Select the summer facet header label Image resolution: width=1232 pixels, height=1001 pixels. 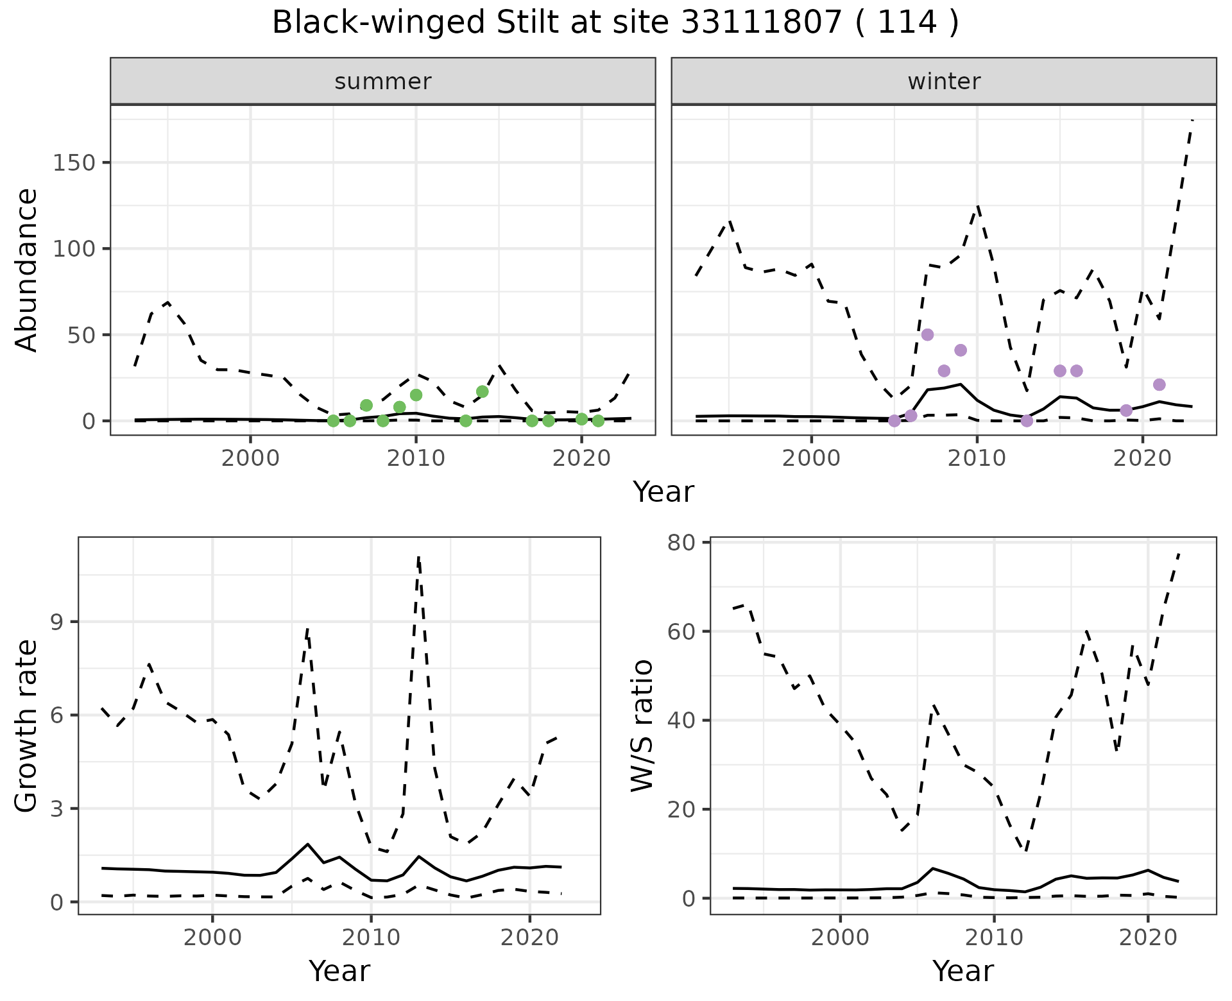point(383,81)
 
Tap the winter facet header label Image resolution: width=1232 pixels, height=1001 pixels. point(944,81)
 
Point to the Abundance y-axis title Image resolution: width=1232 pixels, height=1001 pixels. point(27,269)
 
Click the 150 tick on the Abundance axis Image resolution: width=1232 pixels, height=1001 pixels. point(72,163)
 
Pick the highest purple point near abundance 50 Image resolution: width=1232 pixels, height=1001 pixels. point(927,335)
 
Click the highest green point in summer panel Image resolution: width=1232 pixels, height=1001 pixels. point(483,391)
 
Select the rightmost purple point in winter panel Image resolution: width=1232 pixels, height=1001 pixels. point(1159,384)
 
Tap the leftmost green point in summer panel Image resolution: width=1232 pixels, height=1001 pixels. point(333,421)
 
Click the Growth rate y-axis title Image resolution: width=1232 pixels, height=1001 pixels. point(27,726)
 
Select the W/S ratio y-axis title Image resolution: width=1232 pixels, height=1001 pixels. point(642,725)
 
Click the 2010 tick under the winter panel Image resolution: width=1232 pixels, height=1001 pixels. point(977,458)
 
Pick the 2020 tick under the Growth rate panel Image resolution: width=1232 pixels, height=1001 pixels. point(529,937)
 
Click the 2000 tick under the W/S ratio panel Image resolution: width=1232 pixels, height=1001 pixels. point(840,937)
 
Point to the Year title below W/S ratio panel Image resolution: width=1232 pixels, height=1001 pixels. point(963,971)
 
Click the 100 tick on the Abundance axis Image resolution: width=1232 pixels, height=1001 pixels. point(72,249)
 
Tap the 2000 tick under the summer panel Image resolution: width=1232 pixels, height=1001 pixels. point(250,458)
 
